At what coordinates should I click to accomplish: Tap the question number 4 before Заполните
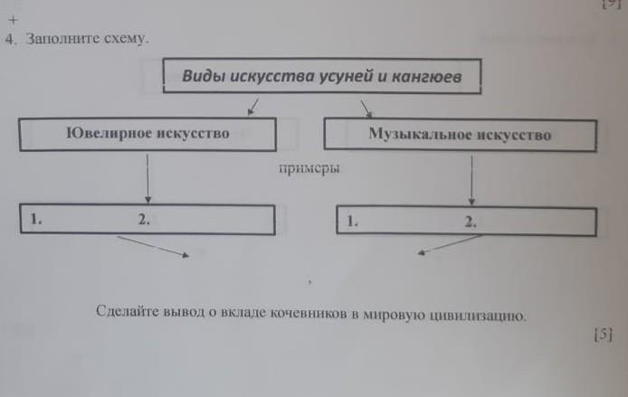(x=11, y=39)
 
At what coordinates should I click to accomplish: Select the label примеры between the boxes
(x=309, y=168)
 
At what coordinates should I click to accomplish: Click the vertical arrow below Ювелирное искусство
(x=147, y=178)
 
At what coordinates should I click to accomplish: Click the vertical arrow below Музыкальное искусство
(x=471, y=181)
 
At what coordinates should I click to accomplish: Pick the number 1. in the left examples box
(x=36, y=219)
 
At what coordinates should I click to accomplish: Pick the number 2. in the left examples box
(x=144, y=220)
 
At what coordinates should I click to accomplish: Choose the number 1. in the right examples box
(x=352, y=221)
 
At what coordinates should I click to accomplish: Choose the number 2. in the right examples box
(x=471, y=222)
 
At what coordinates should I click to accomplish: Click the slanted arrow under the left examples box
(x=153, y=246)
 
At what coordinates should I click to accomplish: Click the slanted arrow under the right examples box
(x=450, y=244)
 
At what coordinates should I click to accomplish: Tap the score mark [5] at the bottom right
(x=604, y=335)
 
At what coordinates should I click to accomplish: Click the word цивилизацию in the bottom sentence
(x=477, y=316)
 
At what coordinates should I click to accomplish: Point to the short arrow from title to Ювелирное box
(x=253, y=107)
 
